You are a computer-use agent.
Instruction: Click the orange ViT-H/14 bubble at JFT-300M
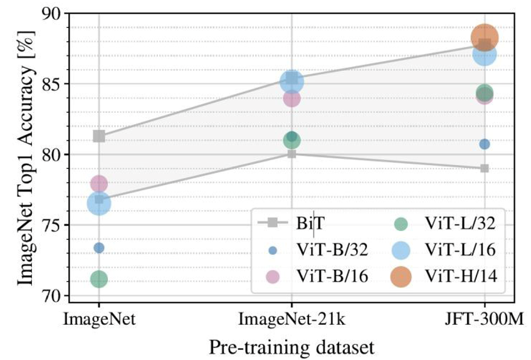click(x=484, y=38)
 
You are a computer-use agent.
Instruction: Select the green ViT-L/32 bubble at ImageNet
click(x=98, y=279)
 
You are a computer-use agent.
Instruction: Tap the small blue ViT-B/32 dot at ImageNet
click(x=98, y=248)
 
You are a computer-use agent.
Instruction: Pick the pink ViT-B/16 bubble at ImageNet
click(x=98, y=184)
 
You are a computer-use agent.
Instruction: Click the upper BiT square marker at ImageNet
click(x=98, y=136)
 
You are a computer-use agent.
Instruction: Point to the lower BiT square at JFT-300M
click(x=485, y=168)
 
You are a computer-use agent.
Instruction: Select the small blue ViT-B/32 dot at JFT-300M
click(x=485, y=144)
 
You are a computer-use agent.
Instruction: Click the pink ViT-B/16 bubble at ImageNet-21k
click(x=292, y=98)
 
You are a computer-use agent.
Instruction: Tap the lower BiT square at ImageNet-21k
click(x=292, y=154)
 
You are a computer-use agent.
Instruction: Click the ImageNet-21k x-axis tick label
click(x=292, y=320)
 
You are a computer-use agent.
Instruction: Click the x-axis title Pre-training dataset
click(x=292, y=346)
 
